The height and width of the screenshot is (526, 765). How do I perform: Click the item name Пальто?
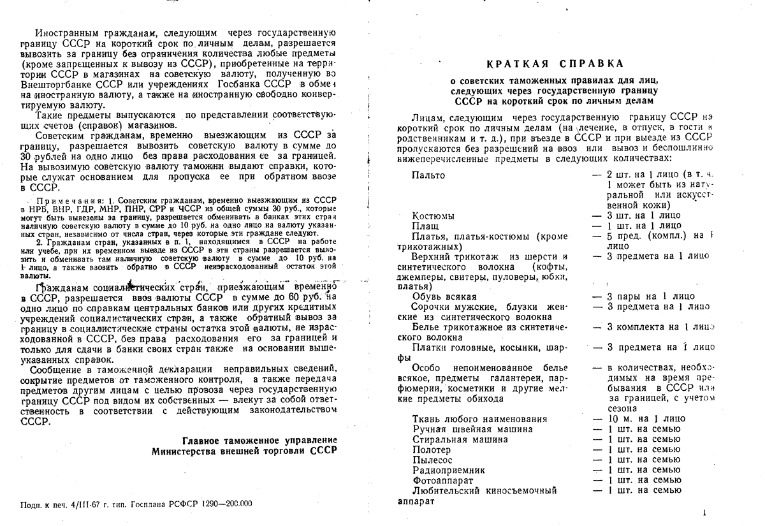coord(428,175)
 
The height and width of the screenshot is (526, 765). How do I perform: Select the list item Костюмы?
coord(433,216)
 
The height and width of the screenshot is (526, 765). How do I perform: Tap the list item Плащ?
coord(425,225)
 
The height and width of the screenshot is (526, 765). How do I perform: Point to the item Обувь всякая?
coord(444,296)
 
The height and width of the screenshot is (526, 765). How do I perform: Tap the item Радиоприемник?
coord(444,470)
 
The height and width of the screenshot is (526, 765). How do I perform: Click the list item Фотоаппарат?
coord(442,480)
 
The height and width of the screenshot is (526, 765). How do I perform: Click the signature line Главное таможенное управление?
coord(259,441)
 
